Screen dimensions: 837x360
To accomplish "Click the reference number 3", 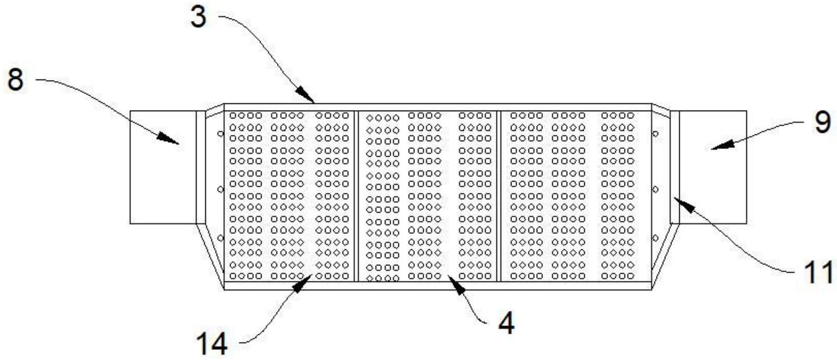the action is [x=198, y=17].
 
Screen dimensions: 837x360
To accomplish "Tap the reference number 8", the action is [x=15, y=80].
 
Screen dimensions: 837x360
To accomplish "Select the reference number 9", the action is [x=822, y=123].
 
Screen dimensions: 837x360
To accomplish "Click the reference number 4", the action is [x=506, y=324].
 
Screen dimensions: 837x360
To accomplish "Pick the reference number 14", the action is [x=212, y=345].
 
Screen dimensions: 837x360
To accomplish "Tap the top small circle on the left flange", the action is [x=220, y=134].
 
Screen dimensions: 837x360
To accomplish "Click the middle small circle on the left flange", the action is [x=220, y=189].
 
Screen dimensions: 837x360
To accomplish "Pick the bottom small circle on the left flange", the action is [x=220, y=238].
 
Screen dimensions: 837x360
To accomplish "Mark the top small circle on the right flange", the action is [x=655, y=134].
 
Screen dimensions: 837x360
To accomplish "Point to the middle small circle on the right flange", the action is [x=655, y=189].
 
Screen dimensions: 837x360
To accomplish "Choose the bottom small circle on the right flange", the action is [x=655, y=238].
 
